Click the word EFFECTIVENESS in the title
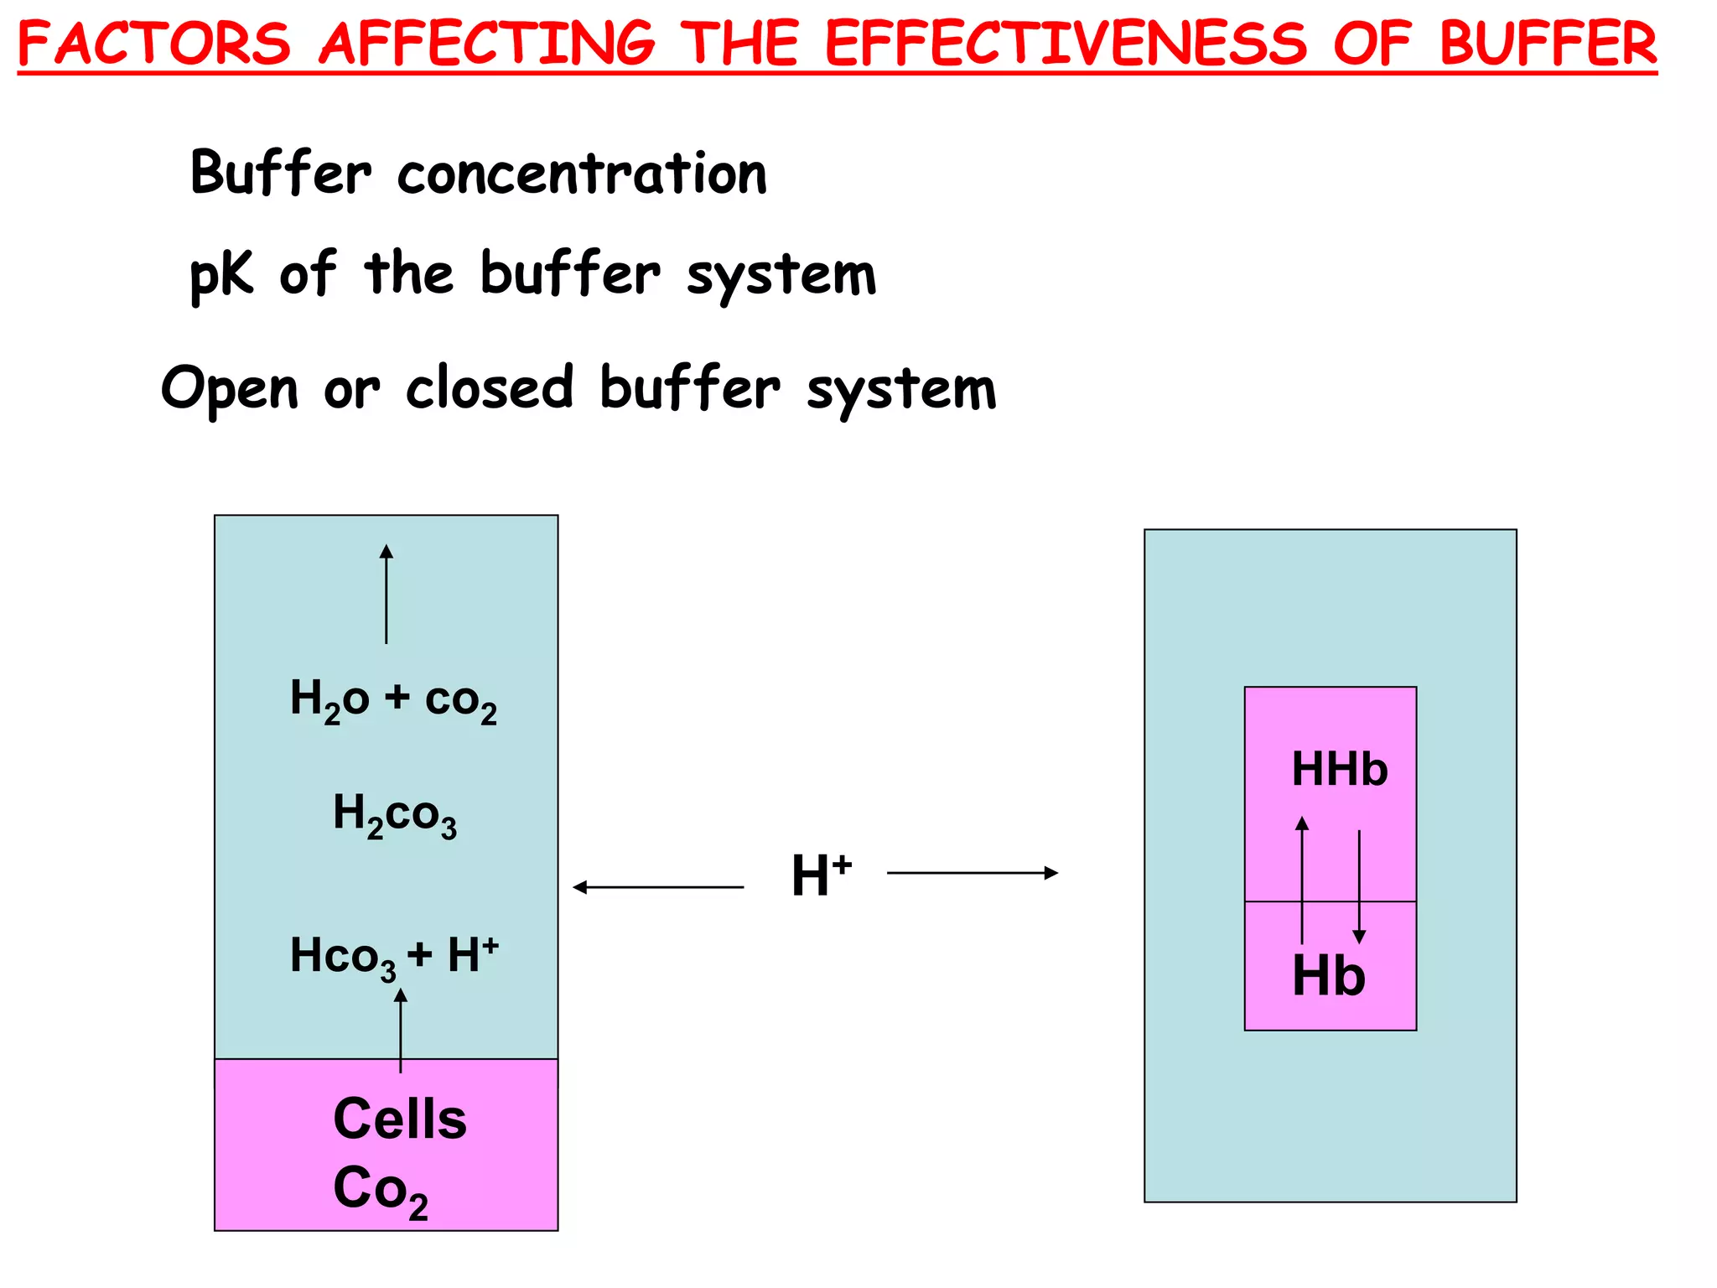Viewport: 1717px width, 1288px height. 1066,44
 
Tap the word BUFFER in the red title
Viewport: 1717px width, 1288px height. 1548,44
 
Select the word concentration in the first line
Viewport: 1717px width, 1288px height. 582,174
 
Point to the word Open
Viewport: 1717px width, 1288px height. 230,389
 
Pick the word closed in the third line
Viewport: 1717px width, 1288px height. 490,388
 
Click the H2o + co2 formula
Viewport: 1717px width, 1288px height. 393,700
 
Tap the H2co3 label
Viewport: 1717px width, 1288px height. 395,814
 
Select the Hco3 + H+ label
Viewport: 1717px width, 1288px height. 394,956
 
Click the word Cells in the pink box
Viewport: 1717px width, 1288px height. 400,1119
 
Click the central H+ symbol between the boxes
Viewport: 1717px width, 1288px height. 821,875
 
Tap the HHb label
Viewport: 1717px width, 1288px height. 1339,769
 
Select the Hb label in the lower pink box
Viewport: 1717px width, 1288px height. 1329,975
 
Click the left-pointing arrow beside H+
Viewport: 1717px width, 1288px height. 658,886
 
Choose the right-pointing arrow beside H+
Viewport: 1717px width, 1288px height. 973,873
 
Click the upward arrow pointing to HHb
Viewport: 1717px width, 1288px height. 1302,880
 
